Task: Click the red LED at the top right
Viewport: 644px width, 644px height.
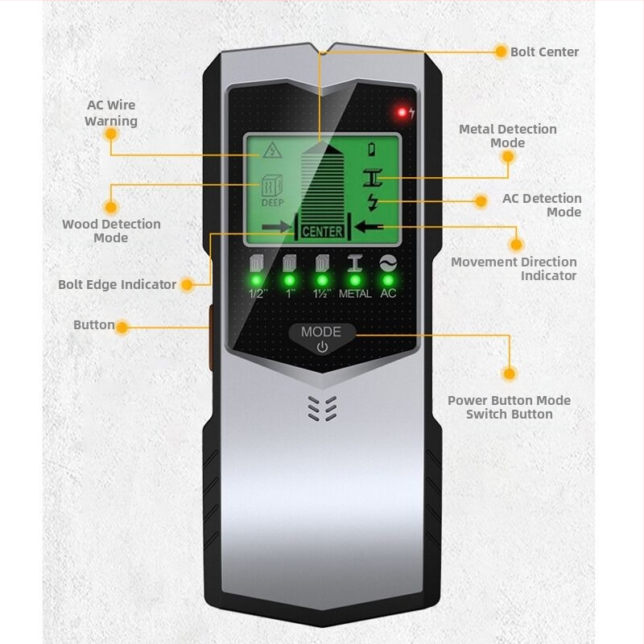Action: point(399,112)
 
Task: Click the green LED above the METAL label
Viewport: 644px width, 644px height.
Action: point(354,280)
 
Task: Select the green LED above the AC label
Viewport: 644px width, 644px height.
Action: point(388,280)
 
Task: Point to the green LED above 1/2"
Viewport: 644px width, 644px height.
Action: point(257,280)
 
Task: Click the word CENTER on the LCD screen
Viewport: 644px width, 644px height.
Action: point(322,232)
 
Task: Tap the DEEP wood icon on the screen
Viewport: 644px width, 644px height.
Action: point(271,192)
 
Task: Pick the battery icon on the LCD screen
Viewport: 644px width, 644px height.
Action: point(372,149)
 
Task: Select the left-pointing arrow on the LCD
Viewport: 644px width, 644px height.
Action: point(370,228)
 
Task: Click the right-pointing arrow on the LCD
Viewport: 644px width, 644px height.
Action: point(275,229)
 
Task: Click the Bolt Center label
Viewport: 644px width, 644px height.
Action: point(544,52)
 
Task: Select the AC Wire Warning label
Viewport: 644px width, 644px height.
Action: point(111,113)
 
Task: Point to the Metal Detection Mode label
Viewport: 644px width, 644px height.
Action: point(507,135)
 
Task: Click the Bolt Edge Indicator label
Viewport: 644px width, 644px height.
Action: point(117,284)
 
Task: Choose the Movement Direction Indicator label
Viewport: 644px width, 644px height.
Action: point(514,268)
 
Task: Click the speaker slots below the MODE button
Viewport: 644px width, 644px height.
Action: point(321,409)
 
